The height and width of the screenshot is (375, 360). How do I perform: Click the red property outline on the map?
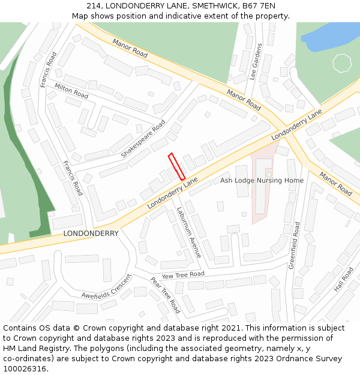point(176,166)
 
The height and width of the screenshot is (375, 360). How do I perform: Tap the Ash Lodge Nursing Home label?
point(262,181)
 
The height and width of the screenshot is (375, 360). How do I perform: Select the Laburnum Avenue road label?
point(188,232)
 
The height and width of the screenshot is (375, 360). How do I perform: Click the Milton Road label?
point(71,91)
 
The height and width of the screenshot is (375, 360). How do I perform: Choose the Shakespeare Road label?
point(143,139)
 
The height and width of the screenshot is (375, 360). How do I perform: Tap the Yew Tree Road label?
point(183,275)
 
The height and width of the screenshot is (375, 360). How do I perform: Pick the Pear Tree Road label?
point(165,295)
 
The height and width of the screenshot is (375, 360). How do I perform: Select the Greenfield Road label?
point(295,245)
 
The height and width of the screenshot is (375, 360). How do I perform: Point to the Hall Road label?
point(344,278)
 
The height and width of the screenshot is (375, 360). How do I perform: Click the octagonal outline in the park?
point(341,63)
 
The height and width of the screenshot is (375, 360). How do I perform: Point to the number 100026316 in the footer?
point(24,368)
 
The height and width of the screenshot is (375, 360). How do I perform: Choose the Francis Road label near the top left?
point(49,70)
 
